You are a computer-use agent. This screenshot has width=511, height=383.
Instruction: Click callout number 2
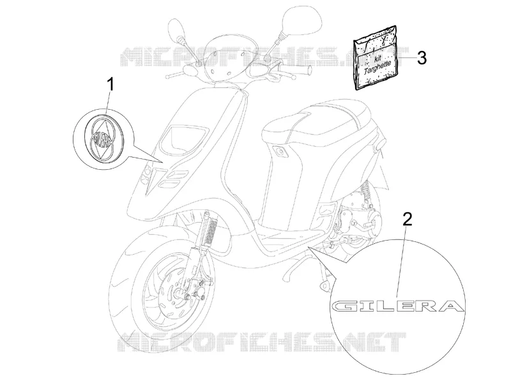point(407,219)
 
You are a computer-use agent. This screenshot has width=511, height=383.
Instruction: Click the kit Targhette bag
point(376,57)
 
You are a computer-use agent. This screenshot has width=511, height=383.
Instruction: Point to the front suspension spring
point(212,230)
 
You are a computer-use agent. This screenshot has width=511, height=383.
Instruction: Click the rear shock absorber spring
point(365,192)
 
